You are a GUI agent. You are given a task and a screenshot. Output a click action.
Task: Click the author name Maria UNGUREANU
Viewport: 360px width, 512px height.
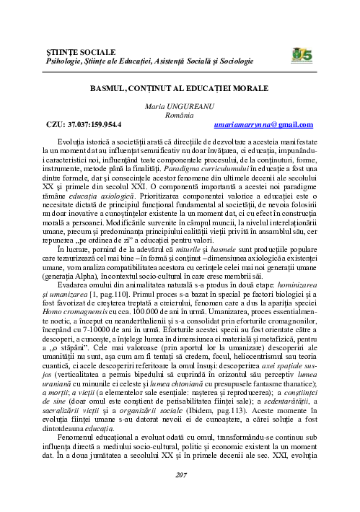tap(180, 105)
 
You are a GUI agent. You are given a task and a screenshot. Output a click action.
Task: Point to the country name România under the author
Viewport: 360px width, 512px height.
tap(180, 115)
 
